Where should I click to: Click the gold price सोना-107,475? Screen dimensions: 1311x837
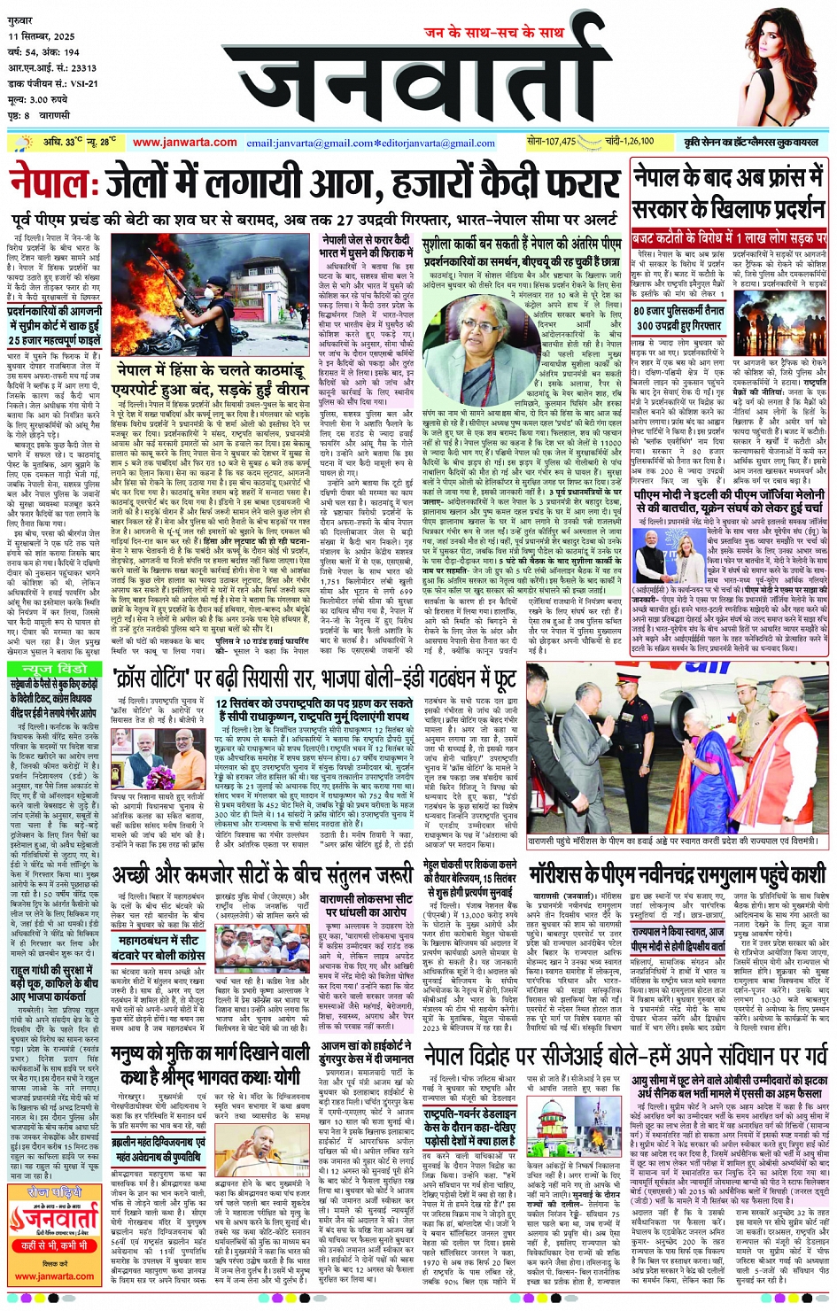551,141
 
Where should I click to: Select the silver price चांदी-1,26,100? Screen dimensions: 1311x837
630,141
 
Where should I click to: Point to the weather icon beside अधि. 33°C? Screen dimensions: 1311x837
20,143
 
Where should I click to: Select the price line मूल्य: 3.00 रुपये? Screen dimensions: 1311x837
38,99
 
